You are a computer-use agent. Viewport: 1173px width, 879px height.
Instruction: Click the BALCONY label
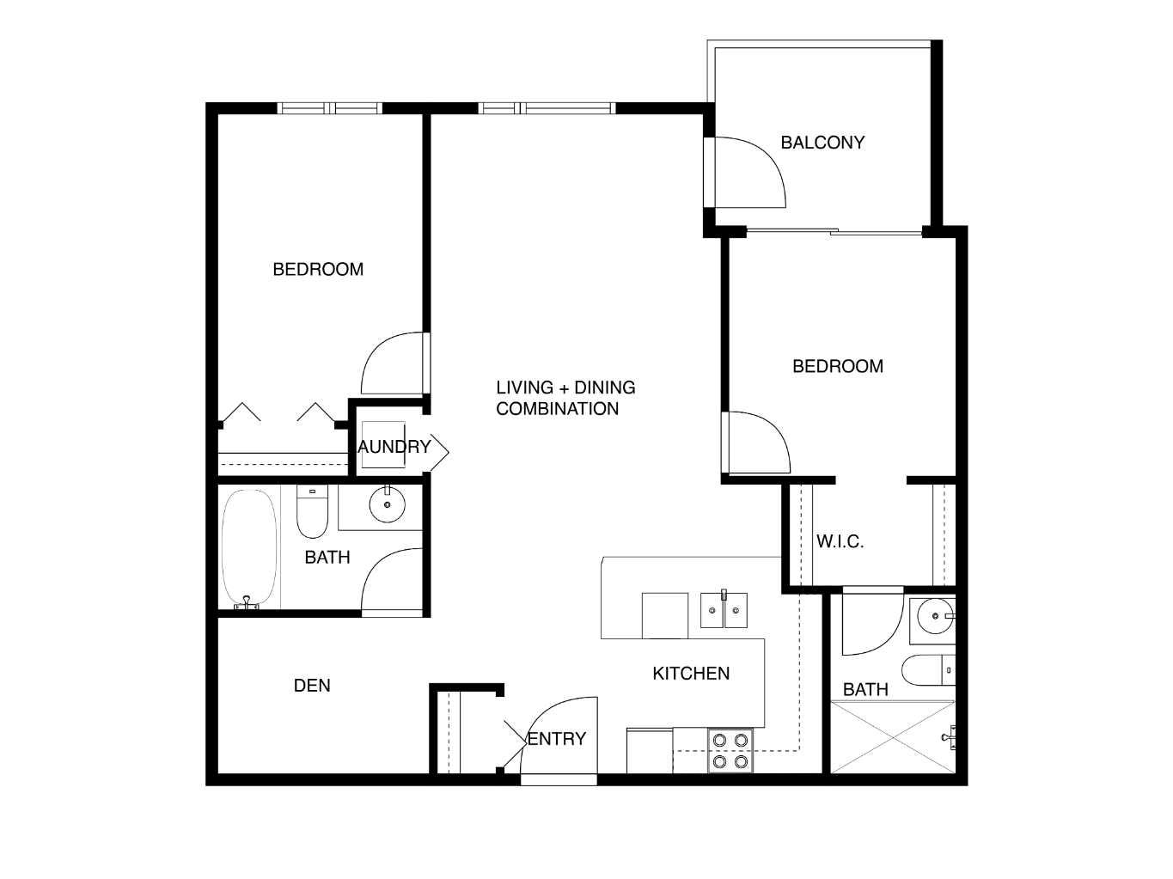pyautogui.click(x=822, y=143)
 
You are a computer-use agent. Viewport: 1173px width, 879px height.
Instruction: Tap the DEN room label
pyautogui.click(x=312, y=686)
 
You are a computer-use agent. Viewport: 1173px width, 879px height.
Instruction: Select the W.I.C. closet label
pyautogui.click(x=840, y=542)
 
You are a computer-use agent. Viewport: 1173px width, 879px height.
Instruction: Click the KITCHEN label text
pyautogui.click(x=691, y=674)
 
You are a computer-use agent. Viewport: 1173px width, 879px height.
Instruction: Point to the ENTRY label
pyautogui.click(x=557, y=739)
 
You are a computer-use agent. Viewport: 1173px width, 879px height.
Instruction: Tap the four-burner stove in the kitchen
pyautogui.click(x=730, y=750)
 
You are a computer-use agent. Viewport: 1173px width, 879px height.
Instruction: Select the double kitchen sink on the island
pyautogui.click(x=723, y=610)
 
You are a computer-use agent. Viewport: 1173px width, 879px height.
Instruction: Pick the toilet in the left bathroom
pyautogui.click(x=311, y=513)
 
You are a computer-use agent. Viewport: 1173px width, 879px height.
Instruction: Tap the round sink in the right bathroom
pyautogui.click(x=933, y=615)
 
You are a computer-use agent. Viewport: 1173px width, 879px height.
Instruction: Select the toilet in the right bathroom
pyautogui.click(x=929, y=671)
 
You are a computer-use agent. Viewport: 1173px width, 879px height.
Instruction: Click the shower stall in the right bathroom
pyautogui.click(x=894, y=737)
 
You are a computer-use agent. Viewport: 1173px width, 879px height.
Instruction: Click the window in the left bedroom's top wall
pyautogui.click(x=330, y=108)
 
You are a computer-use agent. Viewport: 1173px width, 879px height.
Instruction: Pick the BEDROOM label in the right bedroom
pyautogui.click(x=838, y=367)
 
